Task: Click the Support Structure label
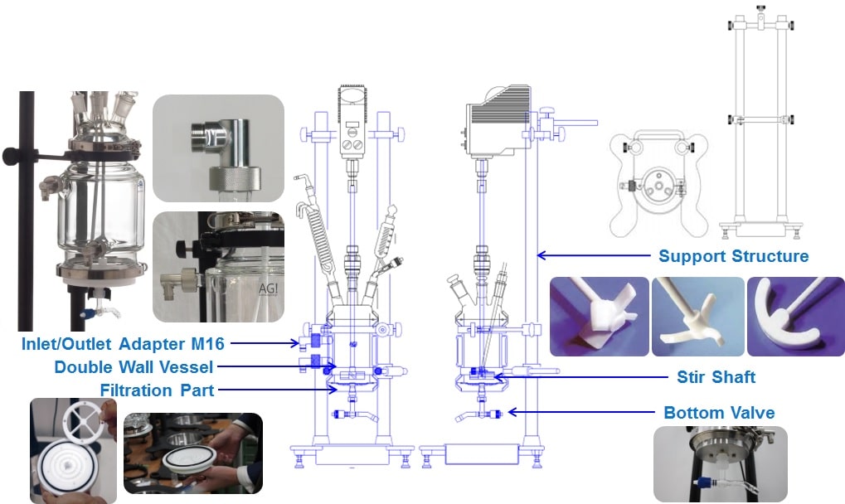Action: coord(733,255)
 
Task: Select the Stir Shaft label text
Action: coord(716,377)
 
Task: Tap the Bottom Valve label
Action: coord(718,412)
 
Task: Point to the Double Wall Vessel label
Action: coord(134,366)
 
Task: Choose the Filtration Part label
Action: coord(157,389)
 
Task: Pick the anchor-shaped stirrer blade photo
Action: coord(795,316)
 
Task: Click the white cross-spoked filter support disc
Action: coord(82,418)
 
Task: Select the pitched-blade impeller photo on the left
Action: coord(599,316)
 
